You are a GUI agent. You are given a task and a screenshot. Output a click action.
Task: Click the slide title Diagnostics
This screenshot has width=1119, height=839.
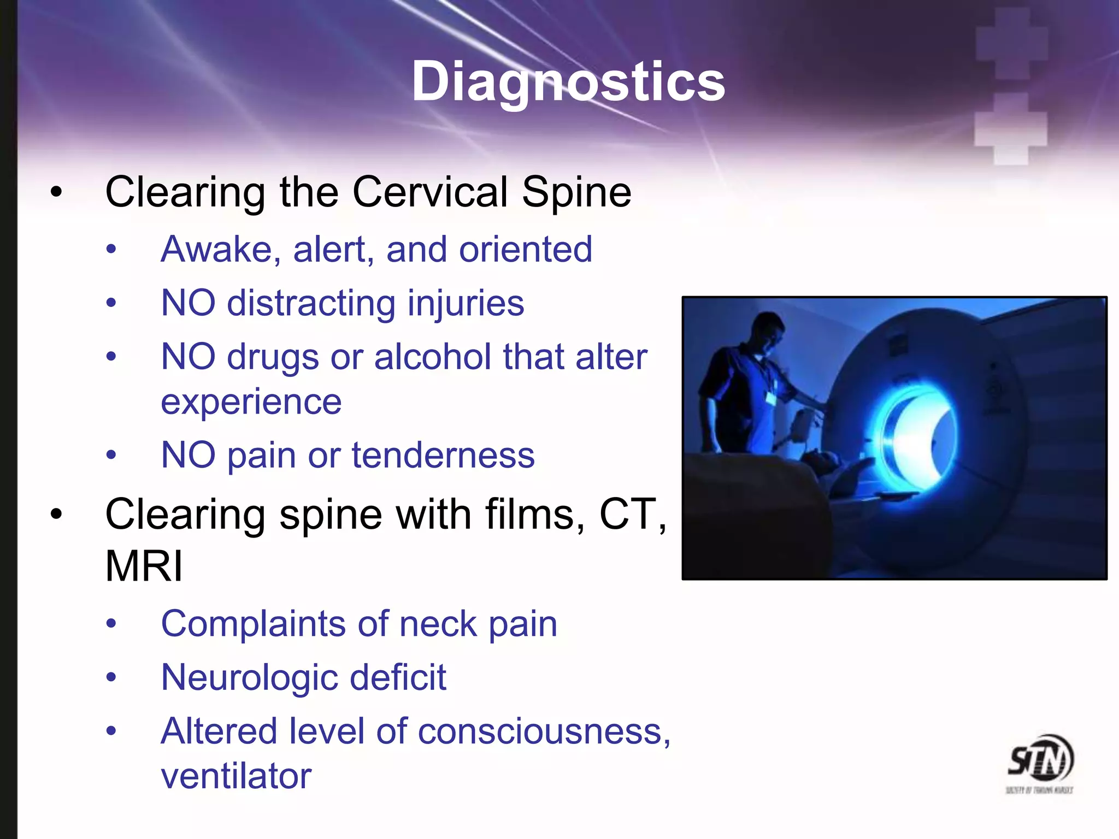click(x=568, y=82)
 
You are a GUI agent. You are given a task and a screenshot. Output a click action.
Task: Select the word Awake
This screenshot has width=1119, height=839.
click(x=216, y=250)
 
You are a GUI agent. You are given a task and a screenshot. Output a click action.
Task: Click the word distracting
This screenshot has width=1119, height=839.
click(x=310, y=303)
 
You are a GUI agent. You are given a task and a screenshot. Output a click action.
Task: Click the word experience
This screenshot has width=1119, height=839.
click(x=251, y=402)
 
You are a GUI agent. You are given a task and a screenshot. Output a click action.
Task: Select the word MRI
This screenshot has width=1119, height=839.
click(x=144, y=566)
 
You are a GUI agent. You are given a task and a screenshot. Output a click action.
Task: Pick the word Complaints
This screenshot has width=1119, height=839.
click(x=253, y=624)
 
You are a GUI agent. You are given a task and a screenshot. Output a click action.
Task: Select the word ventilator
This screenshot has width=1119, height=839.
click(x=236, y=776)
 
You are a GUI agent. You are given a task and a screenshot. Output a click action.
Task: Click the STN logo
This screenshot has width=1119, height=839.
click(x=1040, y=762)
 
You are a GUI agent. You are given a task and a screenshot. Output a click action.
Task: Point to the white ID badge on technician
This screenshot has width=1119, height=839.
click(x=771, y=398)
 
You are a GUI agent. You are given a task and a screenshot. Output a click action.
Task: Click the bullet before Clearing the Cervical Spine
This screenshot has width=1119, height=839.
click(x=56, y=192)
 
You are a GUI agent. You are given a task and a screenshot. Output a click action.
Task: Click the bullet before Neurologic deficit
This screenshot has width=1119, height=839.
click(x=111, y=678)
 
